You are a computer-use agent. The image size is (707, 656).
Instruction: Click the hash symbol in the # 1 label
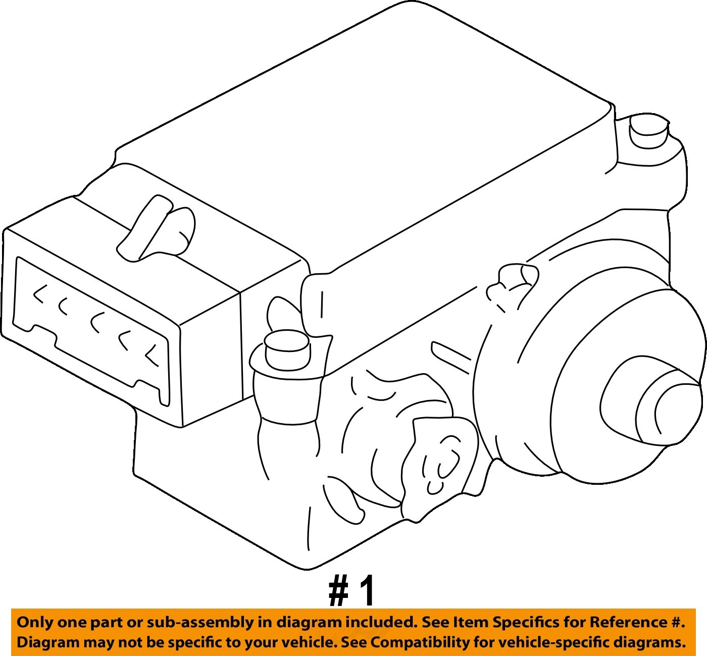[339, 591]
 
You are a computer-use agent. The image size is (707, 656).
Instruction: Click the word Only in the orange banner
[35, 622]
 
